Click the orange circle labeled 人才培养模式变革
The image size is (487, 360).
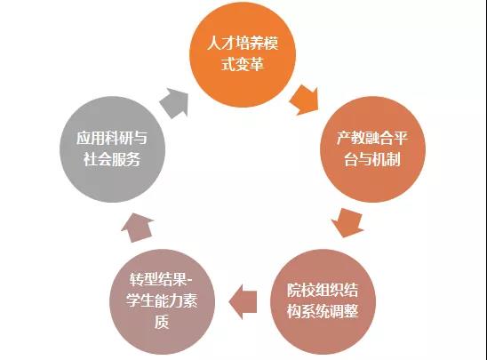pos(243,55)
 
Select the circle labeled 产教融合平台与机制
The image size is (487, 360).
pos(372,149)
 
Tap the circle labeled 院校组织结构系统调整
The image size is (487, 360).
pos(323,301)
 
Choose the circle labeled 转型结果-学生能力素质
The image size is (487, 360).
pos(162,301)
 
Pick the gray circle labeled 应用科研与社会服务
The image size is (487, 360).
pos(113,149)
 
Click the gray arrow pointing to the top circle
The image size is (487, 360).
pos(175,102)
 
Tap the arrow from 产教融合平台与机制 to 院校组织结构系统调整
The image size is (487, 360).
pos(348,222)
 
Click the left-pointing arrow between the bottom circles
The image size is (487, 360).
pos(243,302)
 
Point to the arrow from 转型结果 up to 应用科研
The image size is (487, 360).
pos(137,228)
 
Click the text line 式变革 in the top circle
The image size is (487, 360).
pos(243,64)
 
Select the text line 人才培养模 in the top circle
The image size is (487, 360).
pos(243,43)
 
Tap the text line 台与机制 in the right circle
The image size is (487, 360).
pos(372,159)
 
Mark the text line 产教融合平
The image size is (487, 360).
pos(372,138)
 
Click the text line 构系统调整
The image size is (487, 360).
pos(323,311)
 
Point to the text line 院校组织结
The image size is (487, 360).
pos(323,290)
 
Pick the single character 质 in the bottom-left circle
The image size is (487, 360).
pos(162,322)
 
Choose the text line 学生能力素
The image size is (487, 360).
pos(162,300)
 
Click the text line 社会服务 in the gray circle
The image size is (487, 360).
pos(112,159)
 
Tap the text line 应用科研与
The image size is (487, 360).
pos(112,138)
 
